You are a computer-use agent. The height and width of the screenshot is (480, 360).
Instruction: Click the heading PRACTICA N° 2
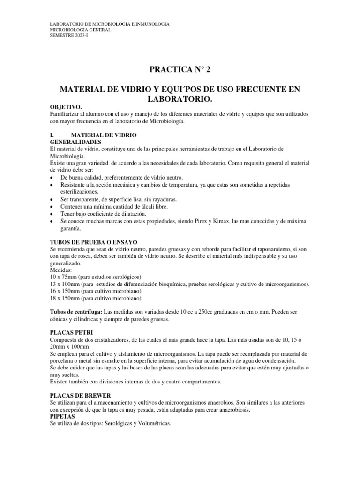click(180, 71)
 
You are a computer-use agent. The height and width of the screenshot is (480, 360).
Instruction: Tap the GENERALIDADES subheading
click(75, 141)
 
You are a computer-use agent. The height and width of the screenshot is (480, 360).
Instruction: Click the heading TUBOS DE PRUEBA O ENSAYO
click(93, 242)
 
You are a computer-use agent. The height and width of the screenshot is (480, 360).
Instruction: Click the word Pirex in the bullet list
click(215, 222)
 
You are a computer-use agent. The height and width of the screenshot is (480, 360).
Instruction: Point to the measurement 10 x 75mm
click(65, 277)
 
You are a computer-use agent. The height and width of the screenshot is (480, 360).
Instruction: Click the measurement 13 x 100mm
click(66, 284)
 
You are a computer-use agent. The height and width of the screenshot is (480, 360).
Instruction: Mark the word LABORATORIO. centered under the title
click(180, 99)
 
